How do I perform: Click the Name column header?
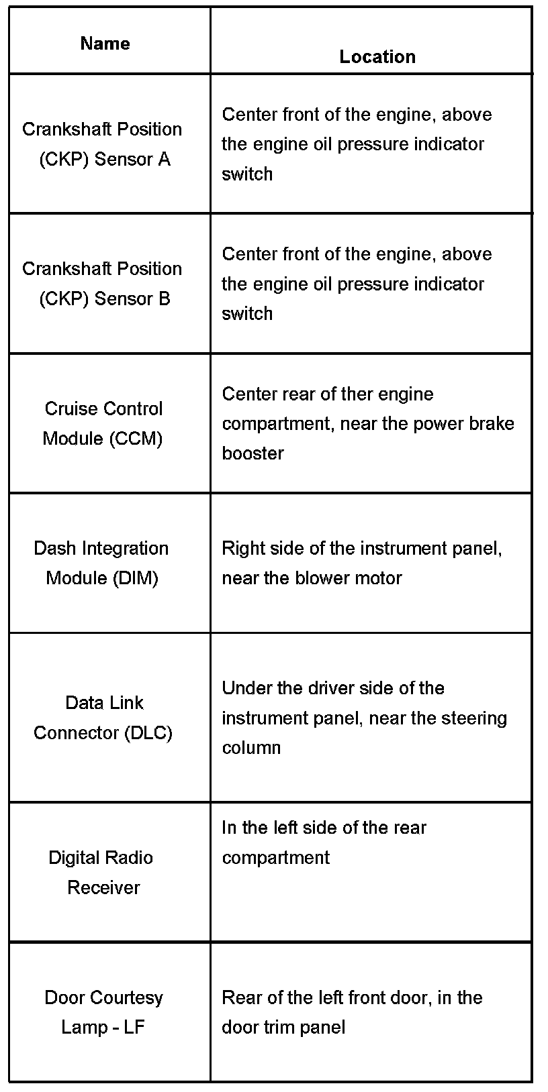coord(105,44)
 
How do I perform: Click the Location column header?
coord(377,57)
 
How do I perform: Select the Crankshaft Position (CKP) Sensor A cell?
coord(102,144)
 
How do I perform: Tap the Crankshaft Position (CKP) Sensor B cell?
coord(102,283)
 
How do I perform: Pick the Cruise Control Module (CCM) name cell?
coord(103,423)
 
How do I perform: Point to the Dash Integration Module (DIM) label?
coord(101,563)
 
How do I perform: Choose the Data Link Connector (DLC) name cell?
coord(103,717)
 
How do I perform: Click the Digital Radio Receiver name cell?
coord(101,872)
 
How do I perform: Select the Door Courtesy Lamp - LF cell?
coord(103,1012)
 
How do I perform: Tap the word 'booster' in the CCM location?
coord(253,453)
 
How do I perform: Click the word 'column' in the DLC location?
coord(251,748)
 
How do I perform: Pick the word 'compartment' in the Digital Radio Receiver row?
coord(275,858)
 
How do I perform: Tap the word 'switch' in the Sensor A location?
coord(247,174)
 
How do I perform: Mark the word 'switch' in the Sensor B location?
coord(247,314)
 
